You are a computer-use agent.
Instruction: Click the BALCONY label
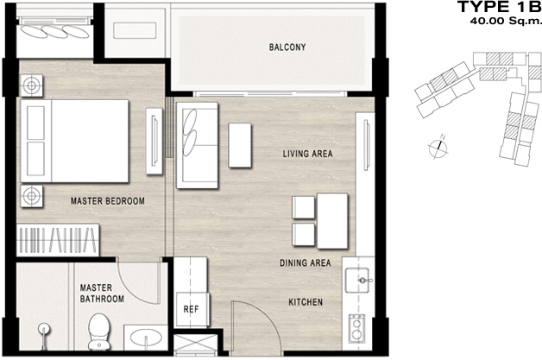287,47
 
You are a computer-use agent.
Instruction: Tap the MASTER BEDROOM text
108,201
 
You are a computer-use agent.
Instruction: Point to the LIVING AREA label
307,154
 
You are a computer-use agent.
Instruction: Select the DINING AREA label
306,262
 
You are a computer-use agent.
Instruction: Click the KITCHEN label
306,302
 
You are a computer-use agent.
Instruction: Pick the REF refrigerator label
191,309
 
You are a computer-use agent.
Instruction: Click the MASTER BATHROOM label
102,294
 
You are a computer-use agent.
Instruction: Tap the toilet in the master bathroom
99,331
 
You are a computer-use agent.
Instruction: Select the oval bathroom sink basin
146,337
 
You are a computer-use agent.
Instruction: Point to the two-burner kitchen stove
356,329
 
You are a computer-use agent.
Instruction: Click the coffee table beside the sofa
240,145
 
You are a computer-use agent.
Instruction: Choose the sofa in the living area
197,145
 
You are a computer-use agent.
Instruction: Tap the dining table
332,221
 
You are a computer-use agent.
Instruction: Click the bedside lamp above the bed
31,85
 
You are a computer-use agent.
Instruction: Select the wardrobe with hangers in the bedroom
58,240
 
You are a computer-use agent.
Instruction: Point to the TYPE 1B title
499,7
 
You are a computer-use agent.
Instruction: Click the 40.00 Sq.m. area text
505,21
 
